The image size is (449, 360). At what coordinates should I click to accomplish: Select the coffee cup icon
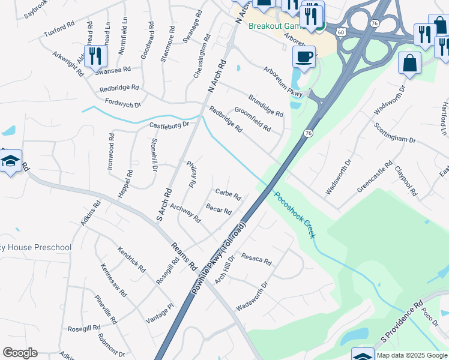point(304,58)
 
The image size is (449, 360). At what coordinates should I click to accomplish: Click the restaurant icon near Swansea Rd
point(95,56)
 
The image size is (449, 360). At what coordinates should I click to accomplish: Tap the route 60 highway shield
point(340,31)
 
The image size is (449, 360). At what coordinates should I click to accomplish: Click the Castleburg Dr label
point(169,125)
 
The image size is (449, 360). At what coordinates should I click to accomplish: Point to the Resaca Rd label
point(256,259)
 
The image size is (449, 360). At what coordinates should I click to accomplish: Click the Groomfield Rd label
point(252,119)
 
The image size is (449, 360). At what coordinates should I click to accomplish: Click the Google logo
point(20,353)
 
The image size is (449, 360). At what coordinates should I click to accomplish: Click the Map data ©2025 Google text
point(412,355)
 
